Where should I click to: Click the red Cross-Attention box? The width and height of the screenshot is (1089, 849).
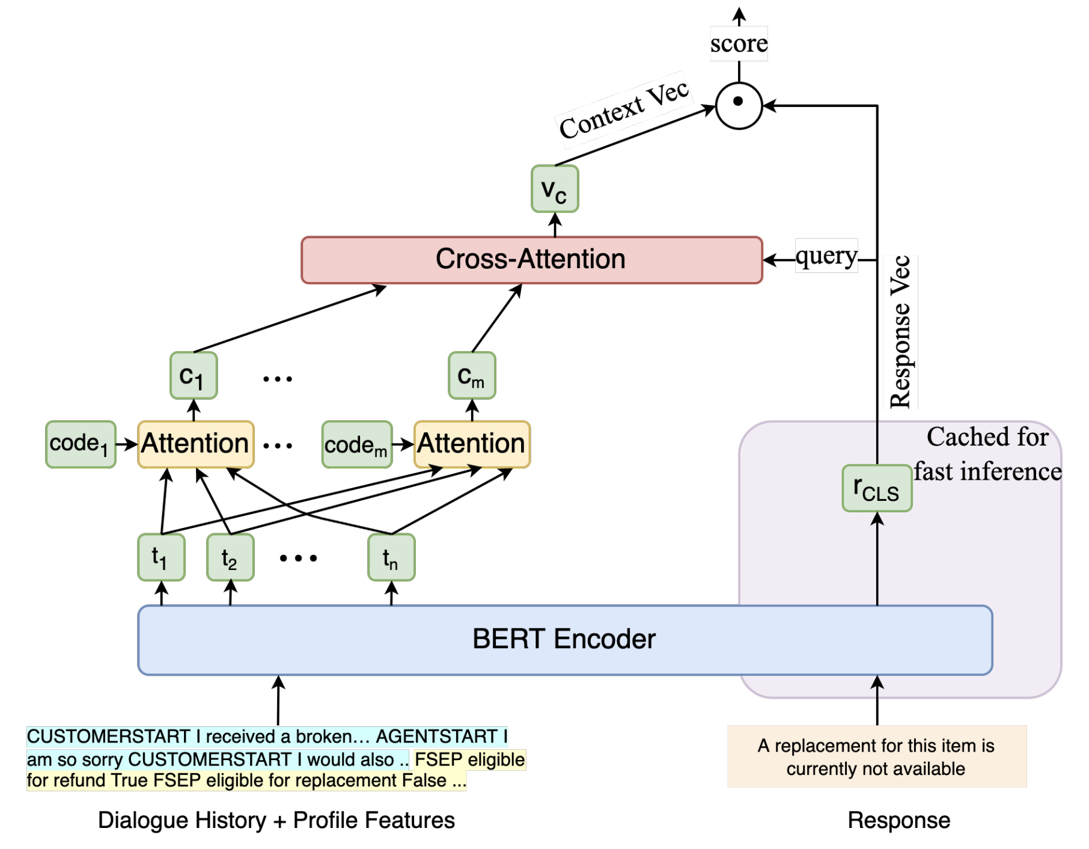pyautogui.click(x=531, y=260)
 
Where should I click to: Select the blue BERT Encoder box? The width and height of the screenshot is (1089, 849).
pyautogui.click(x=564, y=640)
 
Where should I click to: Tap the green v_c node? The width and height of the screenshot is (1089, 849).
pyautogui.click(x=555, y=189)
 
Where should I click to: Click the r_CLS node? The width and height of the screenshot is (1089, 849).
pyautogui.click(x=877, y=488)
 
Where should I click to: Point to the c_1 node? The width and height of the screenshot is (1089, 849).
pyautogui.click(x=194, y=376)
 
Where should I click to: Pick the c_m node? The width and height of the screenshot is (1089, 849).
pyautogui.click(x=472, y=376)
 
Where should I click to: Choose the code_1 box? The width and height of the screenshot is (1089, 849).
pyautogui.click(x=81, y=444)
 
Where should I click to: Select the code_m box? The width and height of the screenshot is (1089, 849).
pyautogui.click(x=356, y=445)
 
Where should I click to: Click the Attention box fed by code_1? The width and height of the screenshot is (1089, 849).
pyautogui.click(x=196, y=444)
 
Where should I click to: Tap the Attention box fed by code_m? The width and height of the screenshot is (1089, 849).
pyautogui.click(x=472, y=444)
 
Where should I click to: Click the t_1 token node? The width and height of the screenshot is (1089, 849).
pyautogui.click(x=161, y=557)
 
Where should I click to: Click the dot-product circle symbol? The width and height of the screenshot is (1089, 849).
pyautogui.click(x=739, y=106)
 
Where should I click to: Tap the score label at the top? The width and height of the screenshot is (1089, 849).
pyautogui.click(x=739, y=43)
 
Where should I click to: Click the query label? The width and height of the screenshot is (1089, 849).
pyautogui.click(x=826, y=256)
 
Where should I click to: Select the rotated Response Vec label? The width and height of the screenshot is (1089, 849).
pyautogui.click(x=901, y=332)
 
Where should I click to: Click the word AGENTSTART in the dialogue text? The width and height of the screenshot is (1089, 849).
pyautogui.click(x=436, y=737)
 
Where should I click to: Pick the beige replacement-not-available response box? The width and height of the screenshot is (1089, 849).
pyautogui.click(x=876, y=756)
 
